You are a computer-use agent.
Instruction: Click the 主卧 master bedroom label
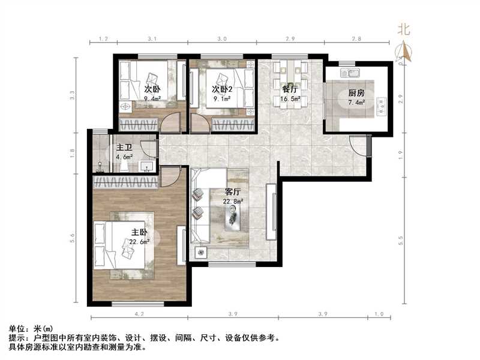[139, 232]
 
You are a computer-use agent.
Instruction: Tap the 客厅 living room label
[233, 191]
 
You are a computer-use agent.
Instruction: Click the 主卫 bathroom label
[124, 147]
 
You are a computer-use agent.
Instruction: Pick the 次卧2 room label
[222, 89]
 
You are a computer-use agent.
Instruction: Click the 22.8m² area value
[233, 202]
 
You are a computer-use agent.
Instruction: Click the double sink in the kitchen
[349, 73]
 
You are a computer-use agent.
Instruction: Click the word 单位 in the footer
[18, 329]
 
